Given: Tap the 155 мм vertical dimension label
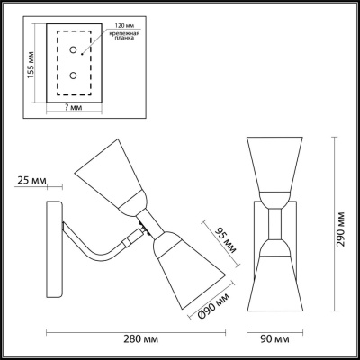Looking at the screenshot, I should pos(30,64).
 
